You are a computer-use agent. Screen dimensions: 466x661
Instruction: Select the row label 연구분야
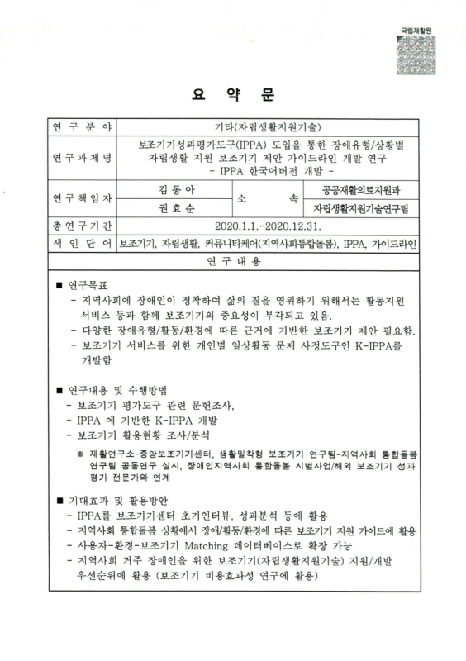tap(83, 127)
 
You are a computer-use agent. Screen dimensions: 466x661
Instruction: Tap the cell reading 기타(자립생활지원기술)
tap(268, 127)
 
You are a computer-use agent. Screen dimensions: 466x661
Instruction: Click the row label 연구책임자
tap(83, 198)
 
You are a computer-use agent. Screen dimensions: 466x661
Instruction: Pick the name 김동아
tap(177, 189)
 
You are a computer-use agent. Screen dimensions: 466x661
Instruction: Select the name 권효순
tap(177, 208)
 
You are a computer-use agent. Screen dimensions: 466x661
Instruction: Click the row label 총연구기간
tap(83, 226)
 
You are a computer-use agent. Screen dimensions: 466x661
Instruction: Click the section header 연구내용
tap(232, 262)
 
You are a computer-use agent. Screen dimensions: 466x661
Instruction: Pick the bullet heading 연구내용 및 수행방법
tap(116, 389)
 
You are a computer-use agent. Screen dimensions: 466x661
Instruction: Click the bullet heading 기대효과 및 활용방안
tap(116, 500)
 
